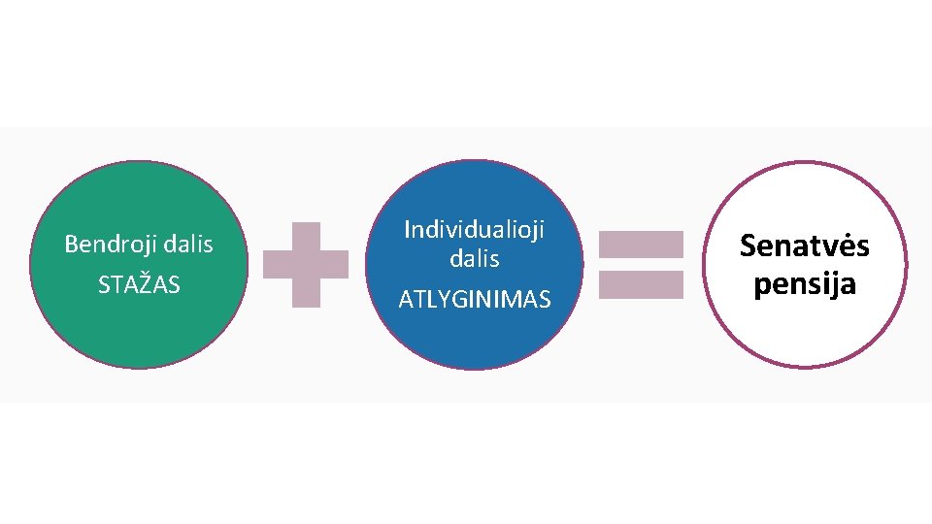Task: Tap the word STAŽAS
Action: [139, 285]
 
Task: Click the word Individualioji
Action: [474, 230]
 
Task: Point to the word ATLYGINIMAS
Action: [474, 300]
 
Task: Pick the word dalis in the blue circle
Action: [474, 259]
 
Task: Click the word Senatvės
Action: [804, 246]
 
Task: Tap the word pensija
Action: [804, 285]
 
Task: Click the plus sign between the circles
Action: [306, 265]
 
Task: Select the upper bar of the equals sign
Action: [641, 244]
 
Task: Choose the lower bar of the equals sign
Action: [641, 284]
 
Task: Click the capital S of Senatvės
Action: [749, 246]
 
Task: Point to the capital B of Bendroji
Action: [70, 244]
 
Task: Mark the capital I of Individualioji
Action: [407, 230]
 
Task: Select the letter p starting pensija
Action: [762, 287]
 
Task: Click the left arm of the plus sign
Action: [278, 265]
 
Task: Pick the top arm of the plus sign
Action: [306, 236]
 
